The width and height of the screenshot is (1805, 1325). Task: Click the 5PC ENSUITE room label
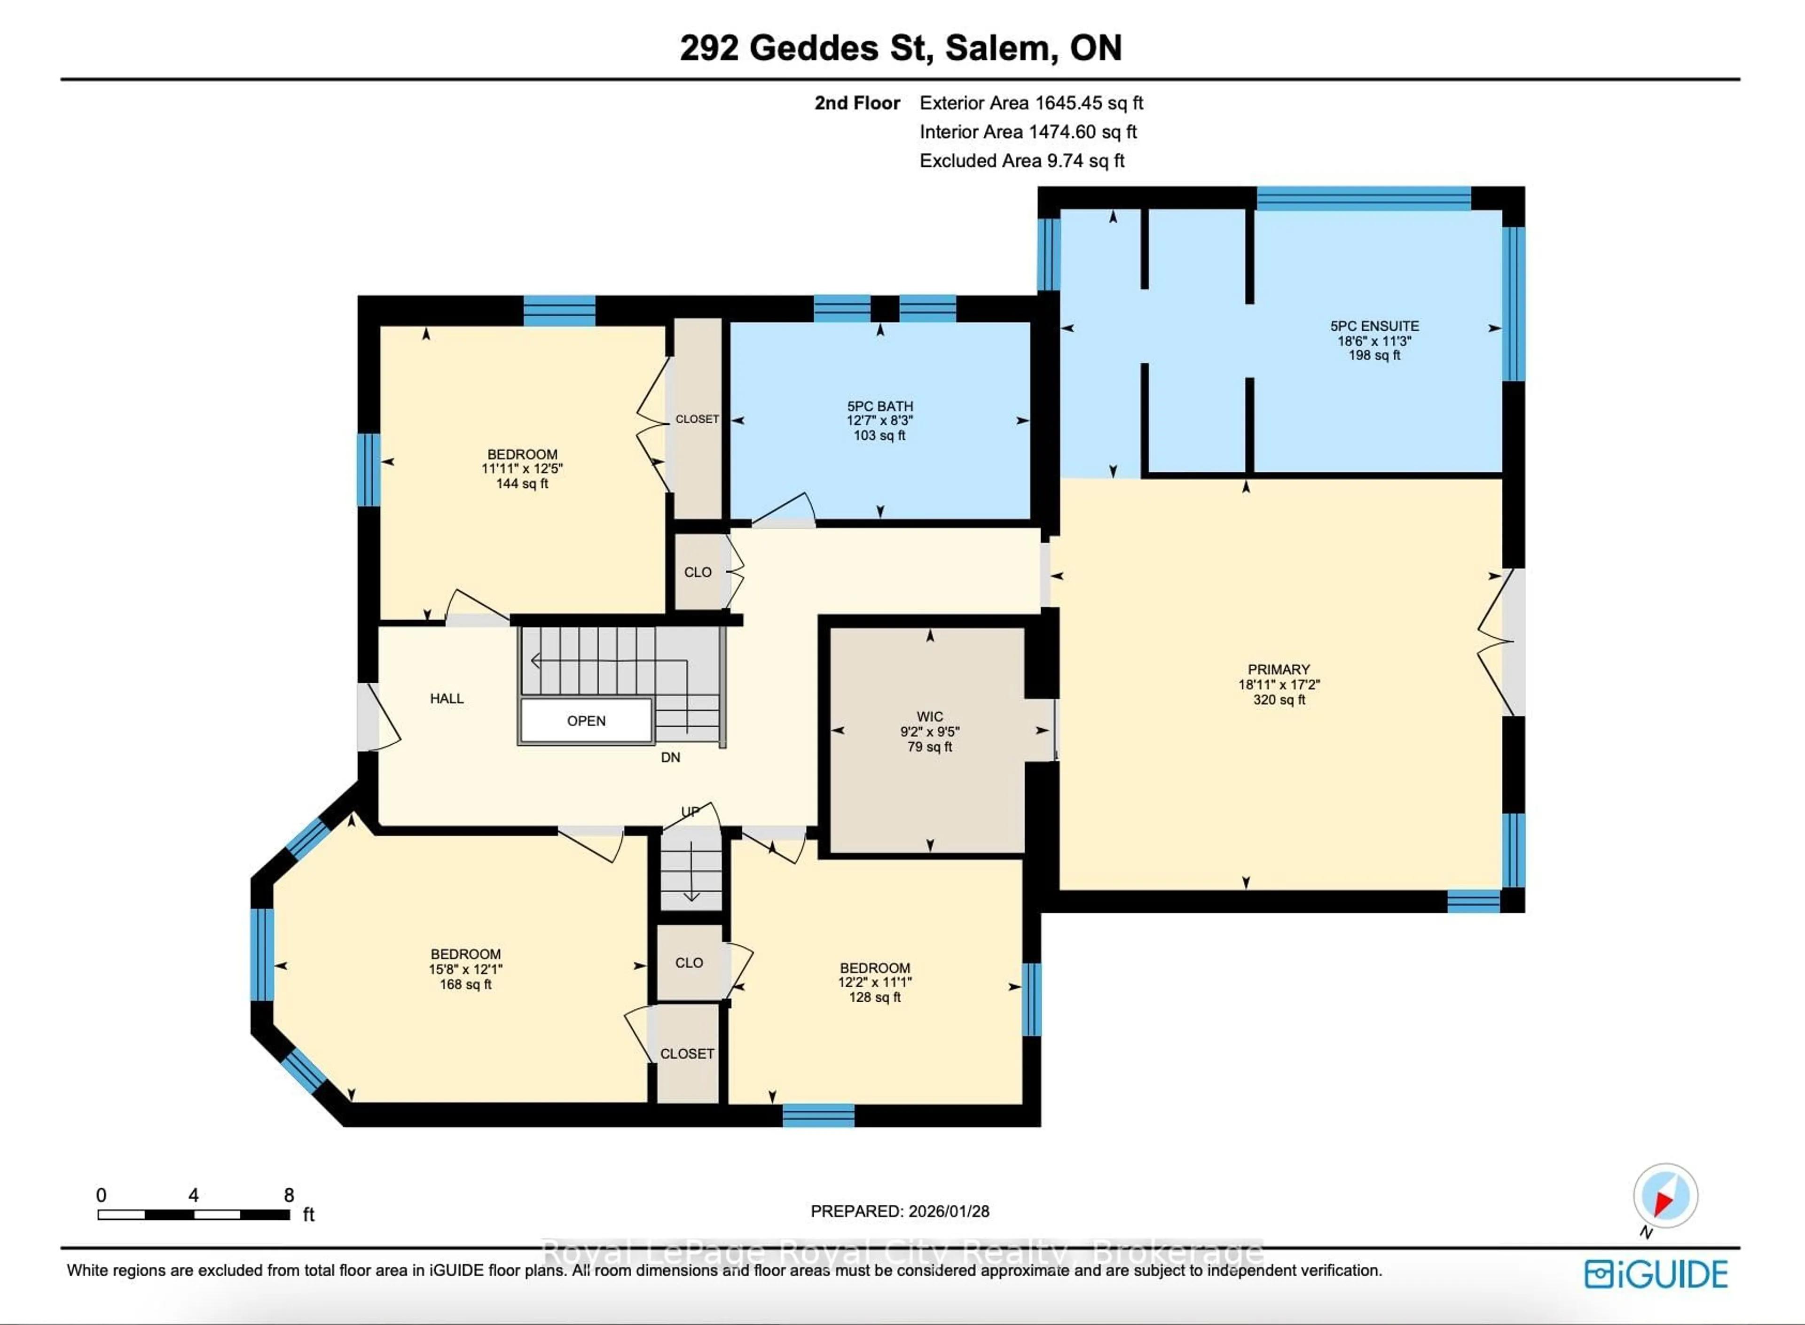click(x=1374, y=326)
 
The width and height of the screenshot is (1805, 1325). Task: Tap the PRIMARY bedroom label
click(x=1279, y=669)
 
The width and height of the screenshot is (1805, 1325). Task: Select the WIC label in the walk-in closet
click(x=930, y=716)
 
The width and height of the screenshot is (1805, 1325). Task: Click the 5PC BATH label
click(x=880, y=406)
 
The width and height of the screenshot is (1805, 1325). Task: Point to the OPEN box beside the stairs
click(x=586, y=720)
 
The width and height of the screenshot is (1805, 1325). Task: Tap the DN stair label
click(x=670, y=757)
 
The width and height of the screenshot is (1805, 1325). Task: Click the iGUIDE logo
click(x=1656, y=1274)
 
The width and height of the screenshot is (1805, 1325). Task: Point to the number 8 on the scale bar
click(x=289, y=1195)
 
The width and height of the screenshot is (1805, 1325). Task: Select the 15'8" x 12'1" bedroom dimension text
click(x=465, y=969)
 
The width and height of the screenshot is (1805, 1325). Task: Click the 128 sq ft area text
click(x=874, y=997)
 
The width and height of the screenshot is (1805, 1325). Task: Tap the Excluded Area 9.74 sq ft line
click(x=1021, y=160)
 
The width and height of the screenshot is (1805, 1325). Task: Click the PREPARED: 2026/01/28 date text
click(x=899, y=1211)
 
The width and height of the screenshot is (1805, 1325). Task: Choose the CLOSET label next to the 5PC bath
click(x=696, y=419)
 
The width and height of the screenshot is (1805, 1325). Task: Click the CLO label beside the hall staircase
click(x=697, y=572)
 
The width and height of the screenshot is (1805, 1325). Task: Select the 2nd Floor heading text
click(x=857, y=102)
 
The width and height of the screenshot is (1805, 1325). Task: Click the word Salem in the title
click(x=997, y=48)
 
